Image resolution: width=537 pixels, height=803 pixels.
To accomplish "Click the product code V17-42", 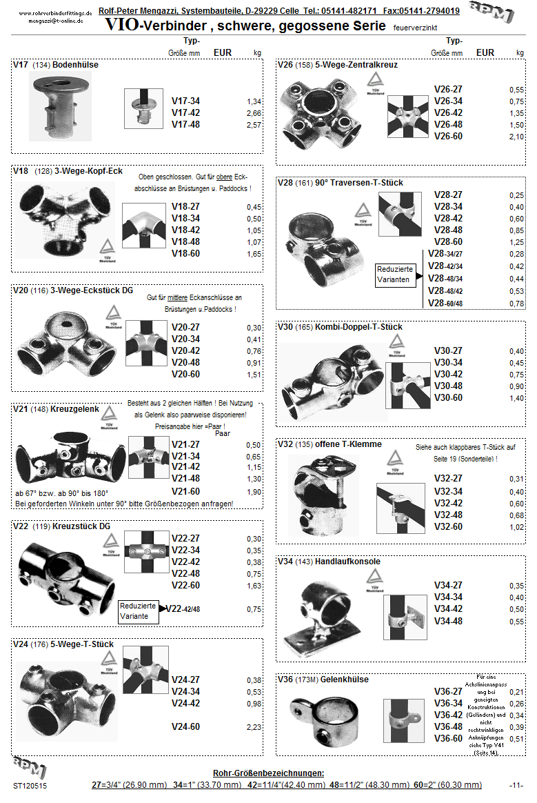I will [185, 113].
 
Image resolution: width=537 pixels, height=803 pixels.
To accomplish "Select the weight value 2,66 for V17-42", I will [254, 113].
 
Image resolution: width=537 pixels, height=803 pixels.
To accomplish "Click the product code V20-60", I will [185, 375].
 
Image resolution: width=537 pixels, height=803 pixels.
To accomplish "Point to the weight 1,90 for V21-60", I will [254, 492].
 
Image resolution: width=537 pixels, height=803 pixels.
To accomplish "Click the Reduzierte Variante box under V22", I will [139, 611].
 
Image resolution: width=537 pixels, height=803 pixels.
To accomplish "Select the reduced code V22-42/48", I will [183, 609].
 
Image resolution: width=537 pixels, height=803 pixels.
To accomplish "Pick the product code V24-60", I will [185, 726].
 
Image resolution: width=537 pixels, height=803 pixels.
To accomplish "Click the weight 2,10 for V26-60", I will [516, 137].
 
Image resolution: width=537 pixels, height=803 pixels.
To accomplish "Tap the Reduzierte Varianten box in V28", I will [398, 275].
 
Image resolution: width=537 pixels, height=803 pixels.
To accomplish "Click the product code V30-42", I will [448, 375].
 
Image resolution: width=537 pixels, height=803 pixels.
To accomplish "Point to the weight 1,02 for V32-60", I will [516, 527].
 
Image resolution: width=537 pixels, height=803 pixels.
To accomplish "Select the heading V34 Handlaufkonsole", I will [329, 562].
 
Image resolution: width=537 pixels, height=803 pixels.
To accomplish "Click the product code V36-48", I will [448, 726].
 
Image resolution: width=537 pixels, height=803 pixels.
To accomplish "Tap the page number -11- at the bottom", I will [516, 785].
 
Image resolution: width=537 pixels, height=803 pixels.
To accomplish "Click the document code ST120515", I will [30, 785].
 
